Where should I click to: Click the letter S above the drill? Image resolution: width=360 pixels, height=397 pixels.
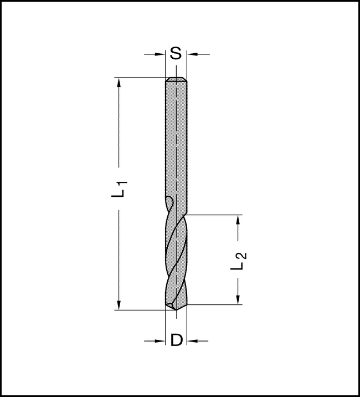click(176, 54)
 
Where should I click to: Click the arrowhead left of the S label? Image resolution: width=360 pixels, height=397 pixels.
click(161, 54)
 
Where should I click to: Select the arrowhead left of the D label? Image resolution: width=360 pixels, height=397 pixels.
click(161, 340)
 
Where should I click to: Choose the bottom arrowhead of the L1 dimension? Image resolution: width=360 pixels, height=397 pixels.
click(119, 304)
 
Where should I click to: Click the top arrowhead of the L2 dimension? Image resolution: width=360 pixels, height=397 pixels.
click(238, 220)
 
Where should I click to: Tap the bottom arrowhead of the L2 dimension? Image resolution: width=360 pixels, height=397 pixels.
click(238, 299)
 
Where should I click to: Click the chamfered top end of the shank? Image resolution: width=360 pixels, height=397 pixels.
click(177, 80)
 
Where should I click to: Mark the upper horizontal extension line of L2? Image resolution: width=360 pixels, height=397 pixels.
click(216, 215)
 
